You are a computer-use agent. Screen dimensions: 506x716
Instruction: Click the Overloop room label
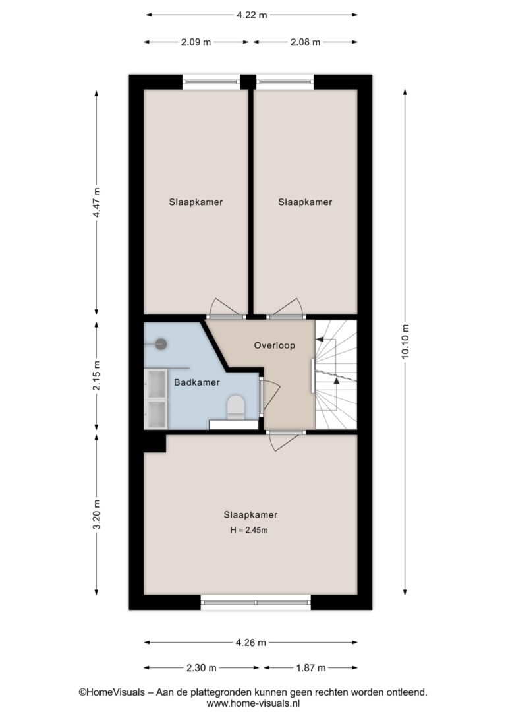click(x=274, y=345)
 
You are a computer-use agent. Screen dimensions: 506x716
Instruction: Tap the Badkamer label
click(x=196, y=382)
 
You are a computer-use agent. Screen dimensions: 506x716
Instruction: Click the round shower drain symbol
click(x=161, y=344)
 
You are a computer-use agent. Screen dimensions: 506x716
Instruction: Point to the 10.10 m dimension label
click(x=405, y=342)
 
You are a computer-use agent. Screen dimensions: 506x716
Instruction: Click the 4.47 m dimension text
click(x=96, y=203)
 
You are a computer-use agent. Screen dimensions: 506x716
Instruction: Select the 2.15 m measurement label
click(x=96, y=376)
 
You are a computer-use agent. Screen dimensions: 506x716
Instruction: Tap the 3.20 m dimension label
click(x=96, y=515)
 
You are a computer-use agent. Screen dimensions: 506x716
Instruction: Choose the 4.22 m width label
click(x=252, y=15)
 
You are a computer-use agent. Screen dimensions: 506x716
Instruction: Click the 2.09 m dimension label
click(x=196, y=42)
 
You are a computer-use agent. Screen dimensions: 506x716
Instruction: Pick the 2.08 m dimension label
click(x=305, y=42)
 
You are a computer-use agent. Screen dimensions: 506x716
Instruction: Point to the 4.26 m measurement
click(x=250, y=642)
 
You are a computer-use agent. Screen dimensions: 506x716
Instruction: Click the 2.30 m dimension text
click(x=201, y=668)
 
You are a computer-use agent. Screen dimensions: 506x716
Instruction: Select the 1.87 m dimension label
click(x=311, y=668)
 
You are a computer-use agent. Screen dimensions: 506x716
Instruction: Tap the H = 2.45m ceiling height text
click(x=248, y=530)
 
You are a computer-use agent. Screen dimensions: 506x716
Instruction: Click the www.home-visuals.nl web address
click(x=253, y=703)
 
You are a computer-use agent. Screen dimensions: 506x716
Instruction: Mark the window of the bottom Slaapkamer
click(x=256, y=603)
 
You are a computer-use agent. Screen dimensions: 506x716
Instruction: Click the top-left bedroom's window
click(x=211, y=82)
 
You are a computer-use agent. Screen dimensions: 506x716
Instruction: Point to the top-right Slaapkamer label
click(x=305, y=202)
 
